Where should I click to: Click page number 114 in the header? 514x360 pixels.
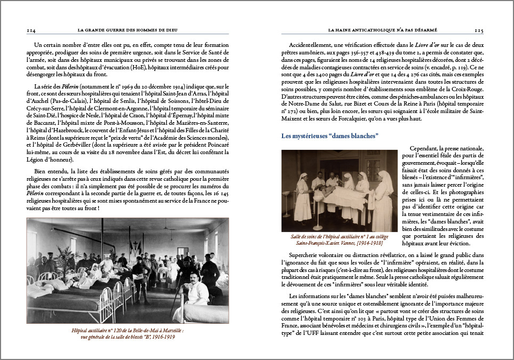31,31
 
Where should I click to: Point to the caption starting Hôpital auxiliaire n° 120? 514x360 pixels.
127,333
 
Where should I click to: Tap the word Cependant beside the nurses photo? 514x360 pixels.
427,148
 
